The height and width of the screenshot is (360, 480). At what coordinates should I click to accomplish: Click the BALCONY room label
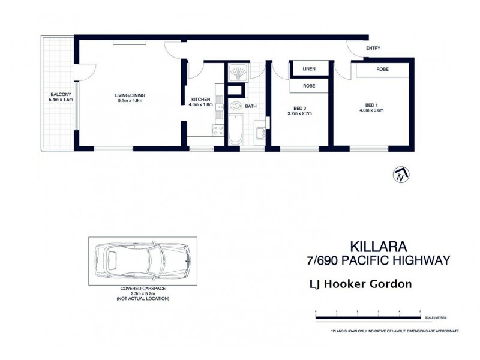[x=62, y=95]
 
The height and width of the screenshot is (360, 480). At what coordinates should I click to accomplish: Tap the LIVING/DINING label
[x=130, y=95]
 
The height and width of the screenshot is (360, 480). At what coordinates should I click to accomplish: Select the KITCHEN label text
[x=200, y=99]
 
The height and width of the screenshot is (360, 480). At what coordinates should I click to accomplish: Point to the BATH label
[x=250, y=106]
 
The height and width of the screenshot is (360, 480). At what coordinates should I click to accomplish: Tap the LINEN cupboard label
[x=309, y=69]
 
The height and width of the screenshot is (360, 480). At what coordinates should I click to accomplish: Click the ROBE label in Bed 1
[x=382, y=70]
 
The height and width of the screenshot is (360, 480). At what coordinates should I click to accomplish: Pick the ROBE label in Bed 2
[x=309, y=86]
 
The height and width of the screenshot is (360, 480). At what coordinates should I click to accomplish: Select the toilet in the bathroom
[x=235, y=107]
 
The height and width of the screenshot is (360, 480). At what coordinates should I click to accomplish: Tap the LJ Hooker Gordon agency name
[x=359, y=284]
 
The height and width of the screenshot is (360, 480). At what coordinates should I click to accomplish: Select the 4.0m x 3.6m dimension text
[x=371, y=110]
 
